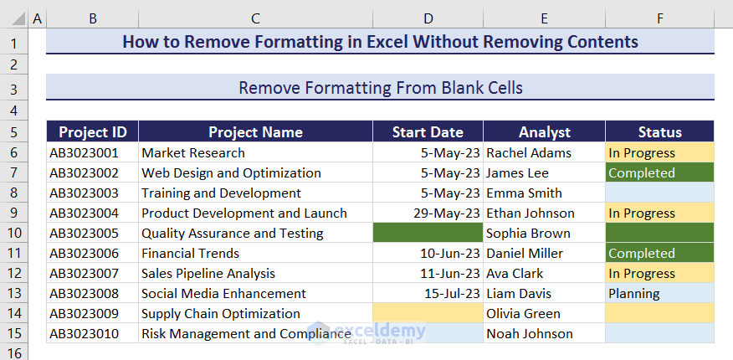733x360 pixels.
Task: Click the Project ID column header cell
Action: (x=92, y=132)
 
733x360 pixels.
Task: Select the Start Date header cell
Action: (x=428, y=132)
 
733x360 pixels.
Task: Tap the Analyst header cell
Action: (x=544, y=132)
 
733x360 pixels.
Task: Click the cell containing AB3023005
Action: (x=84, y=234)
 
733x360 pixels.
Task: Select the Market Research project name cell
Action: (x=193, y=153)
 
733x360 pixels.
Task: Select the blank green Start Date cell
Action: (x=428, y=234)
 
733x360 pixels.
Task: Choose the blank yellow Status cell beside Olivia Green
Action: (x=659, y=314)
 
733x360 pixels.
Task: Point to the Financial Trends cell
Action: (x=190, y=254)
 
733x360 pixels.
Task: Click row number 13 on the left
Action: (x=13, y=294)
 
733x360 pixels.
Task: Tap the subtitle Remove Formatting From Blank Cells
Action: (x=381, y=88)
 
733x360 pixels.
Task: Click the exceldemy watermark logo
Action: (x=367, y=332)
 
